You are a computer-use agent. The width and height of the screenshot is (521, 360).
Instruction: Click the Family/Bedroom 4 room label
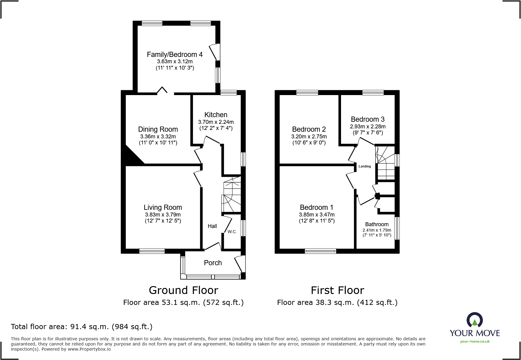pyautogui.click(x=175, y=54)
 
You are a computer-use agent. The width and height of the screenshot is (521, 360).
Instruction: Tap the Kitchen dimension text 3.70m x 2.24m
pyautogui.click(x=216, y=122)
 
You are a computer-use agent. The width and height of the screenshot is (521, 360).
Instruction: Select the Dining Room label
pyautogui.click(x=158, y=129)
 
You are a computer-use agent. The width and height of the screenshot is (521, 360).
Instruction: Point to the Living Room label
pyautogui.click(x=163, y=207)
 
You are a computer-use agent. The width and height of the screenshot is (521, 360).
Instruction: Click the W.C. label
pyautogui.click(x=232, y=232)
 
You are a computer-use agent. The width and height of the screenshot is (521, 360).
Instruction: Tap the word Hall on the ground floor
pyautogui.click(x=212, y=226)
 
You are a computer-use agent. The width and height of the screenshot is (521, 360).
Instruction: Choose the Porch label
pyautogui.click(x=213, y=263)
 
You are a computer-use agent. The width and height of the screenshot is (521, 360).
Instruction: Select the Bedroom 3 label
pyautogui.click(x=368, y=119)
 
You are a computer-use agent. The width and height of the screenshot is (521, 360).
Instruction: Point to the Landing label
pyautogui.click(x=365, y=166)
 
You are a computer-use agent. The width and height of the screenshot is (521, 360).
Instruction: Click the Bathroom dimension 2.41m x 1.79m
pyautogui.click(x=377, y=230)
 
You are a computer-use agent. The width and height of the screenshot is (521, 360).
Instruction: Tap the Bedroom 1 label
pyautogui.click(x=316, y=207)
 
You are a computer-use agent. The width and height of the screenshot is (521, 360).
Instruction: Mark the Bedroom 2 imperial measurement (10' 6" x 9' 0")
pyautogui.click(x=309, y=143)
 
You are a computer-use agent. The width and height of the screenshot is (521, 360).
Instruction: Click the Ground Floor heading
pyautogui.click(x=183, y=290)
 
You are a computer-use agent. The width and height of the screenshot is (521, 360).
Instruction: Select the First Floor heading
pyautogui.click(x=337, y=290)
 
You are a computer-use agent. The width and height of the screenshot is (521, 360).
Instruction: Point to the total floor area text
pyautogui.click(x=82, y=327)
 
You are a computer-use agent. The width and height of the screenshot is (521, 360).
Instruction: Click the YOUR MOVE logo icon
pyautogui.click(x=474, y=320)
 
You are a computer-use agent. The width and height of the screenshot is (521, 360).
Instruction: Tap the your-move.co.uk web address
pyautogui.click(x=475, y=342)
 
